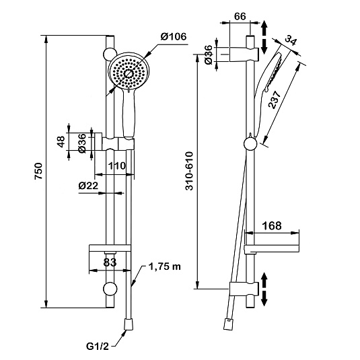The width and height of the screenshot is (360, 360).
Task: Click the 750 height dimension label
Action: (38, 171)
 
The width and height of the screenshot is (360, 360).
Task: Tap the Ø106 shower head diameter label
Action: (174, 36)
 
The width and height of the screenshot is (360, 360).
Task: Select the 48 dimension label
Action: (61, 142)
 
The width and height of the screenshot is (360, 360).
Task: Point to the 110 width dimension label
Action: (117, 166)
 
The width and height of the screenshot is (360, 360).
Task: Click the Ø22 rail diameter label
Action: (88, 186)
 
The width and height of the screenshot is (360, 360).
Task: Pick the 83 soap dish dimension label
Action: (110, 262)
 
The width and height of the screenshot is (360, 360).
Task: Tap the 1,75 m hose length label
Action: (165, 266)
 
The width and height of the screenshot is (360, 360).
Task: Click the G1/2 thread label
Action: (98, 347)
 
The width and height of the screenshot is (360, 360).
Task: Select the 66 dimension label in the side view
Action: (240, 16)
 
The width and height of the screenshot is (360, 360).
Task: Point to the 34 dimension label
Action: (291, 41)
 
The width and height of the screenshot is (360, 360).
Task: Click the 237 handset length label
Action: (275, 100)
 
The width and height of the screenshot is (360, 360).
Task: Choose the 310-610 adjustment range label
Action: (190, 171)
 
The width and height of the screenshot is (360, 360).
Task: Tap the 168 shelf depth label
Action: (272, 226)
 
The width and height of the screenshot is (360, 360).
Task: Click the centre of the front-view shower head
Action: (129, 73)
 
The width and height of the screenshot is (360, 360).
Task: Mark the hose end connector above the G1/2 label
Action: (129, 324)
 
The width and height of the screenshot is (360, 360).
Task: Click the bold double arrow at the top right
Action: (264, 37)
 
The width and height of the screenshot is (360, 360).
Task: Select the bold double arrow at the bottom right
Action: (264, 289)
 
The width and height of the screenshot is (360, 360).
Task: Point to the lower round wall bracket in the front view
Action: (110, 289)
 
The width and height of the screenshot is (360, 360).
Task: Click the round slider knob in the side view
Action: (250, 144)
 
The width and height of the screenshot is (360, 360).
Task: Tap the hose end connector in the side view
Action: (228, 324)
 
